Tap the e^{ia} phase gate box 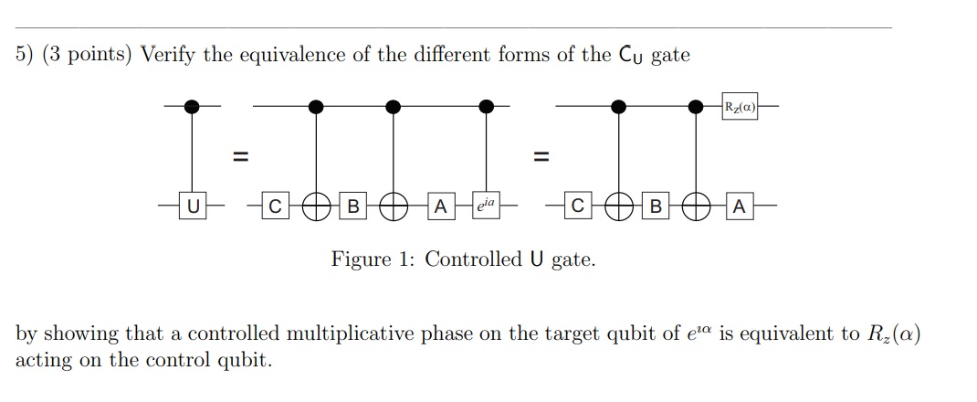tap(487, 207)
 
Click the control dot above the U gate tap(191, 107)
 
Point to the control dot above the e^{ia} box tap(487, 107)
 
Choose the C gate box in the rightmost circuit tap(576, 208)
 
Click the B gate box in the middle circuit tap(352, 208)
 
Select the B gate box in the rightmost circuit tap(654, 208)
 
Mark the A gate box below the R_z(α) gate tap(739, 208)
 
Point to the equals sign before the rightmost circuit tap(541, 158)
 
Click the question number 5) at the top tap(26, 56)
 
